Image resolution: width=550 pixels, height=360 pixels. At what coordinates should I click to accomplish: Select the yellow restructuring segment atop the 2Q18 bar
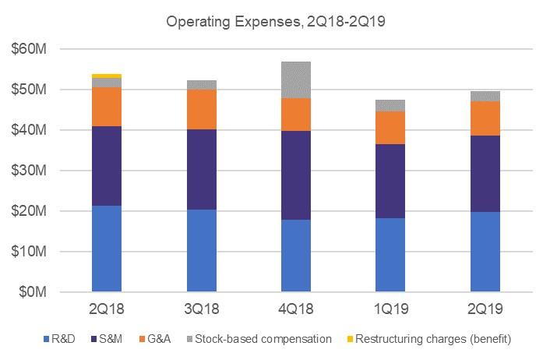click(106, 76)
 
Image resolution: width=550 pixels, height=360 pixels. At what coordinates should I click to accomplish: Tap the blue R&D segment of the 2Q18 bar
click(106, 249)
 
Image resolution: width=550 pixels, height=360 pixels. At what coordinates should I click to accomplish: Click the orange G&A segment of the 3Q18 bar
click(201, 109)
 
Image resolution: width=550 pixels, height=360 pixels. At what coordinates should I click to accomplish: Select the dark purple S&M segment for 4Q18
click(295, 175)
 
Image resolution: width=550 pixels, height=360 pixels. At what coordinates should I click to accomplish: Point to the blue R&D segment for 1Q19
click(390, 255)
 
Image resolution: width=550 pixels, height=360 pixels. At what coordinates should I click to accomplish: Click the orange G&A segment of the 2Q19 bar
click(485, 118)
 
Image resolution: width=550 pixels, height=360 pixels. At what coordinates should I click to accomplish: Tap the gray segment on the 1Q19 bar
click(390, 105)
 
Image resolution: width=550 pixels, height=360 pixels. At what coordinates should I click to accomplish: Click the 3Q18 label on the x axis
click(201, 309)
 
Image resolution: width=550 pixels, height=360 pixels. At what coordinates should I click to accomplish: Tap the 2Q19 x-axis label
click(485, 309)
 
